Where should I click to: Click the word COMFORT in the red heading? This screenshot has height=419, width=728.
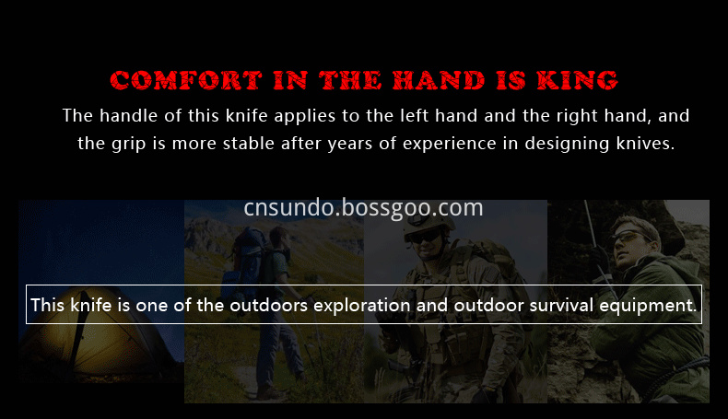(186, 80)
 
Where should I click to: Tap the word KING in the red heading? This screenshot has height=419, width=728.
(578, 80)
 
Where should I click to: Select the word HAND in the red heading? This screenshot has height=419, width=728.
(439, 80)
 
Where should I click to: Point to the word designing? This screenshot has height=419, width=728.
(567, 145)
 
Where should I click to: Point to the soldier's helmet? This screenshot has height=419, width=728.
(428, 226)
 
